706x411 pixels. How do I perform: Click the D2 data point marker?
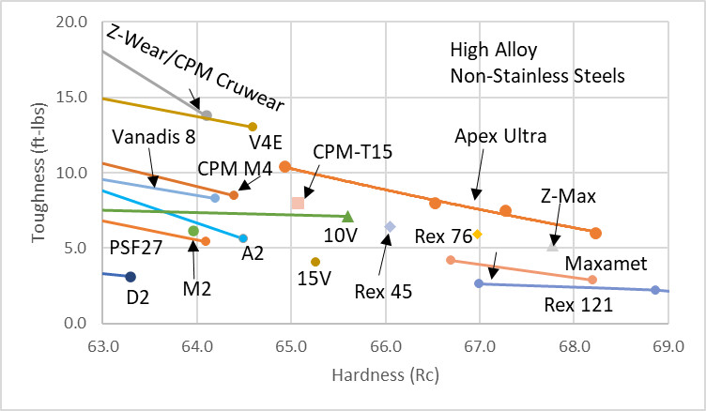(x=130, y=277)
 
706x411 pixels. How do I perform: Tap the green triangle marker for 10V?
(x=347, y=217)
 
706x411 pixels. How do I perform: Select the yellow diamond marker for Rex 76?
(x=477, y=234)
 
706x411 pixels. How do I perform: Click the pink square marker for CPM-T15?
(x=298, y=203)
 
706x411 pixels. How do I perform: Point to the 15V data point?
(x=315, y=262)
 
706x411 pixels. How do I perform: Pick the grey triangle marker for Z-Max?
(x=552, y=246)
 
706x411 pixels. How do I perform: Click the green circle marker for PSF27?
(x=193, y=231)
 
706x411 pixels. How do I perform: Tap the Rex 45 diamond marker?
(x=390, y=227)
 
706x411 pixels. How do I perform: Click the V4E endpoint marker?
(x=253, y=127)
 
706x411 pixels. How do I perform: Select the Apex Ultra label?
(x=500, y=136)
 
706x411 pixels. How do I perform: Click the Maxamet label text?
(x=606, y=264)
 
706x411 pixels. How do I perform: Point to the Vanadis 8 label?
(x=154, y=137)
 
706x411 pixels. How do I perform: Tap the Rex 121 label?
(x=578, y=305)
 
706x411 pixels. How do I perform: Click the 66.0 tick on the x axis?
(x=386, y=346)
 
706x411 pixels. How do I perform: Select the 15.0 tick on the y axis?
(x=71, y=97)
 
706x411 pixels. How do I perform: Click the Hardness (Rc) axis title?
(x=385, y=374)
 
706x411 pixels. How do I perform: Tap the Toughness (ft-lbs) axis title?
(x=38, y=173)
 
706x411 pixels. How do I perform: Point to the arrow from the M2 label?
(x=193, y=260)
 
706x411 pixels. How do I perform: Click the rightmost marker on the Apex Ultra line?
(x=595, y=234)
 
